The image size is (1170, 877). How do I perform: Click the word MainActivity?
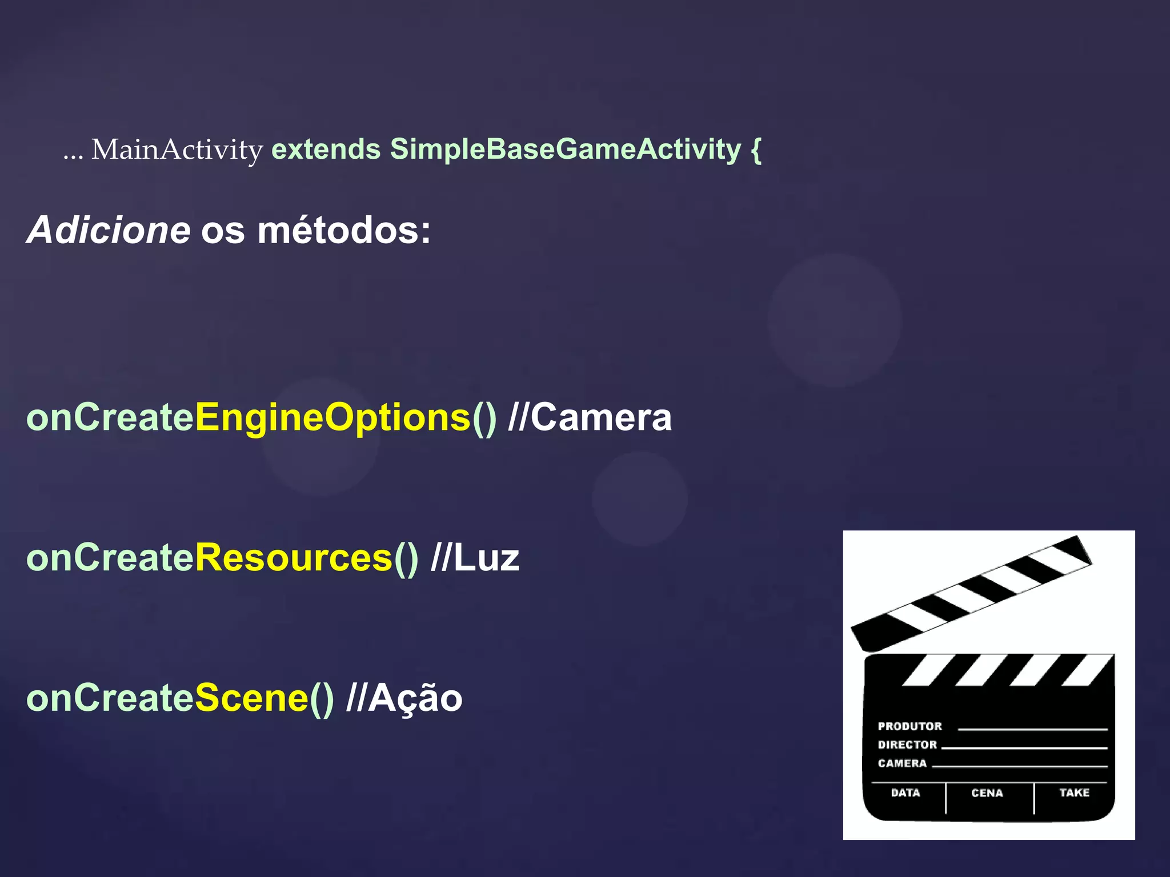177,150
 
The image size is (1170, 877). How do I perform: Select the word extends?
326,150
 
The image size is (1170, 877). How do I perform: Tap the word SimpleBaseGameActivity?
565,150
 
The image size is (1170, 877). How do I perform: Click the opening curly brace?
756,150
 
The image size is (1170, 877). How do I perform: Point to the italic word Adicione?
109,230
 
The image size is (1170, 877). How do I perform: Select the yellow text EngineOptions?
333,417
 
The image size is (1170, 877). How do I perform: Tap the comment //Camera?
590,417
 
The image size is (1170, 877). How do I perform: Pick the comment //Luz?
475,558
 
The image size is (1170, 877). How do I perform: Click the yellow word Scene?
252,698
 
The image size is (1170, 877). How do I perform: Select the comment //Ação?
404,698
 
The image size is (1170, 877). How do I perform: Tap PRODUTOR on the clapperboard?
909,726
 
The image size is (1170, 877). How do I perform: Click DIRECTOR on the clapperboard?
907,745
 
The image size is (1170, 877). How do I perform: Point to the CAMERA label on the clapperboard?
902,763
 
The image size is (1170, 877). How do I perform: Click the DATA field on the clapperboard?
905,793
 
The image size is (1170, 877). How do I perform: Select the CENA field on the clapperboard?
987,793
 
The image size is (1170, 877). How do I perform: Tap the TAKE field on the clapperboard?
1074,792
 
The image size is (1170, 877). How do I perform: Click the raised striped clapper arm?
971,594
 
